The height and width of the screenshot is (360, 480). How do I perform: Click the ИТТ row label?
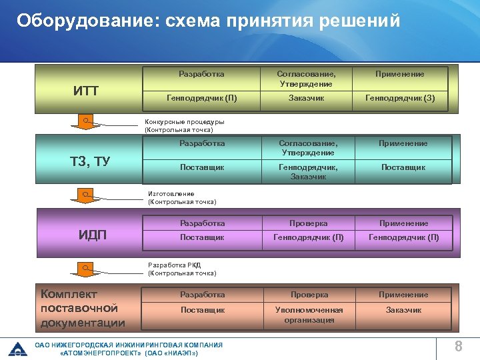pyautogui.click(x=86, y=91)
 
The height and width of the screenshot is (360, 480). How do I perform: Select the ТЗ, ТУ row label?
pyautogui.click(x=90, y=162)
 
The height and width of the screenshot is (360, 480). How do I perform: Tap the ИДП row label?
pyautogui.click(x=93, y=235)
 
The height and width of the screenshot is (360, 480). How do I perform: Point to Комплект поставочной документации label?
pyautogui.click(x=83, y=308)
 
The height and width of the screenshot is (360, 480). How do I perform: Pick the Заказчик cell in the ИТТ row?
pyautogui.click(x=307, y=99)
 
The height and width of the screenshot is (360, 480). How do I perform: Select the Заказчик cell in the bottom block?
pyautogui.click(x=404, y=310)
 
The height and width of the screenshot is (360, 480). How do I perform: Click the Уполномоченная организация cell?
pyautogui.click(x=309, y=315)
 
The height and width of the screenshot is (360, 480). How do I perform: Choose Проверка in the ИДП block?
pyautogui.click(x=308, y=223)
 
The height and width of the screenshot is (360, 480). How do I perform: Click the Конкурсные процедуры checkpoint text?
pyautogui.click(x=185, y=126)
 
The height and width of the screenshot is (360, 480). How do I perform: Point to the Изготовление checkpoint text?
pyautogui.click(x=181, y=198)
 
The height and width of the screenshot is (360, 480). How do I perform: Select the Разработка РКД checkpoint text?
pyautogui.click(x=181, y=269)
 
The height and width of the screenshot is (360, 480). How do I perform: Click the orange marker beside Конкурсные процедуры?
pyautogui.click(x=85, y=119)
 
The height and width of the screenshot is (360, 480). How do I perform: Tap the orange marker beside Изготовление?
pyautogui.click(x=85, y=194)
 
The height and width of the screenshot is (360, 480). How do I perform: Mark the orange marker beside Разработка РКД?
pyautogui.click(x=85, y=267)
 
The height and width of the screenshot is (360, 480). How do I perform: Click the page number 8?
pyautogui.click(x=458, y=346)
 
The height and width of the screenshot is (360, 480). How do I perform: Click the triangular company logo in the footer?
pyautogui.click(x=17, y=348)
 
